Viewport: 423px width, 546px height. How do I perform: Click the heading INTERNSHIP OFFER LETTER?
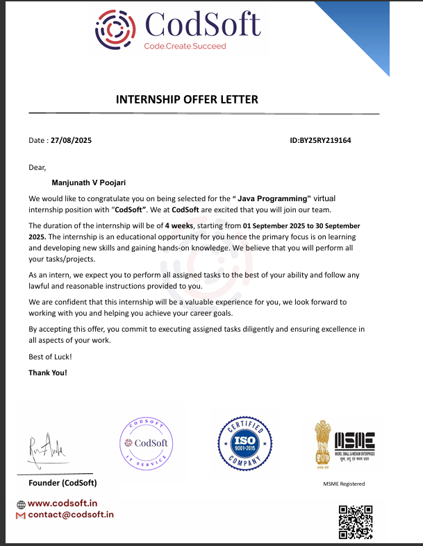(x=187, y=99)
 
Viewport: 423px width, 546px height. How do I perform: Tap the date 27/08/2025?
(x=71, y=140)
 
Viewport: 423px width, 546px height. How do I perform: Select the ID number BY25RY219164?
(x=325, y=140)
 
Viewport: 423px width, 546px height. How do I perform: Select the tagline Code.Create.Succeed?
(x=185, y=46)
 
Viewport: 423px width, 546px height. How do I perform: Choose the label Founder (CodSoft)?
(x=63, y=482)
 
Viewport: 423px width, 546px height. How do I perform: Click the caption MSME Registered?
(x=344, y=484)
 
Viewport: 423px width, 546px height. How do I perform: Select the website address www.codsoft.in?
(x=63, y=504)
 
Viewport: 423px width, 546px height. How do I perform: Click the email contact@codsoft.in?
(x=70, y=515)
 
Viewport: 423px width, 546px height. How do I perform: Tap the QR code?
(x=356, y=522)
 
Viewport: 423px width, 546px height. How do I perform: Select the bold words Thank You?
(x=48, y=372)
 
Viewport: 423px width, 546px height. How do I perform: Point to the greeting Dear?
(x=37, y=167)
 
